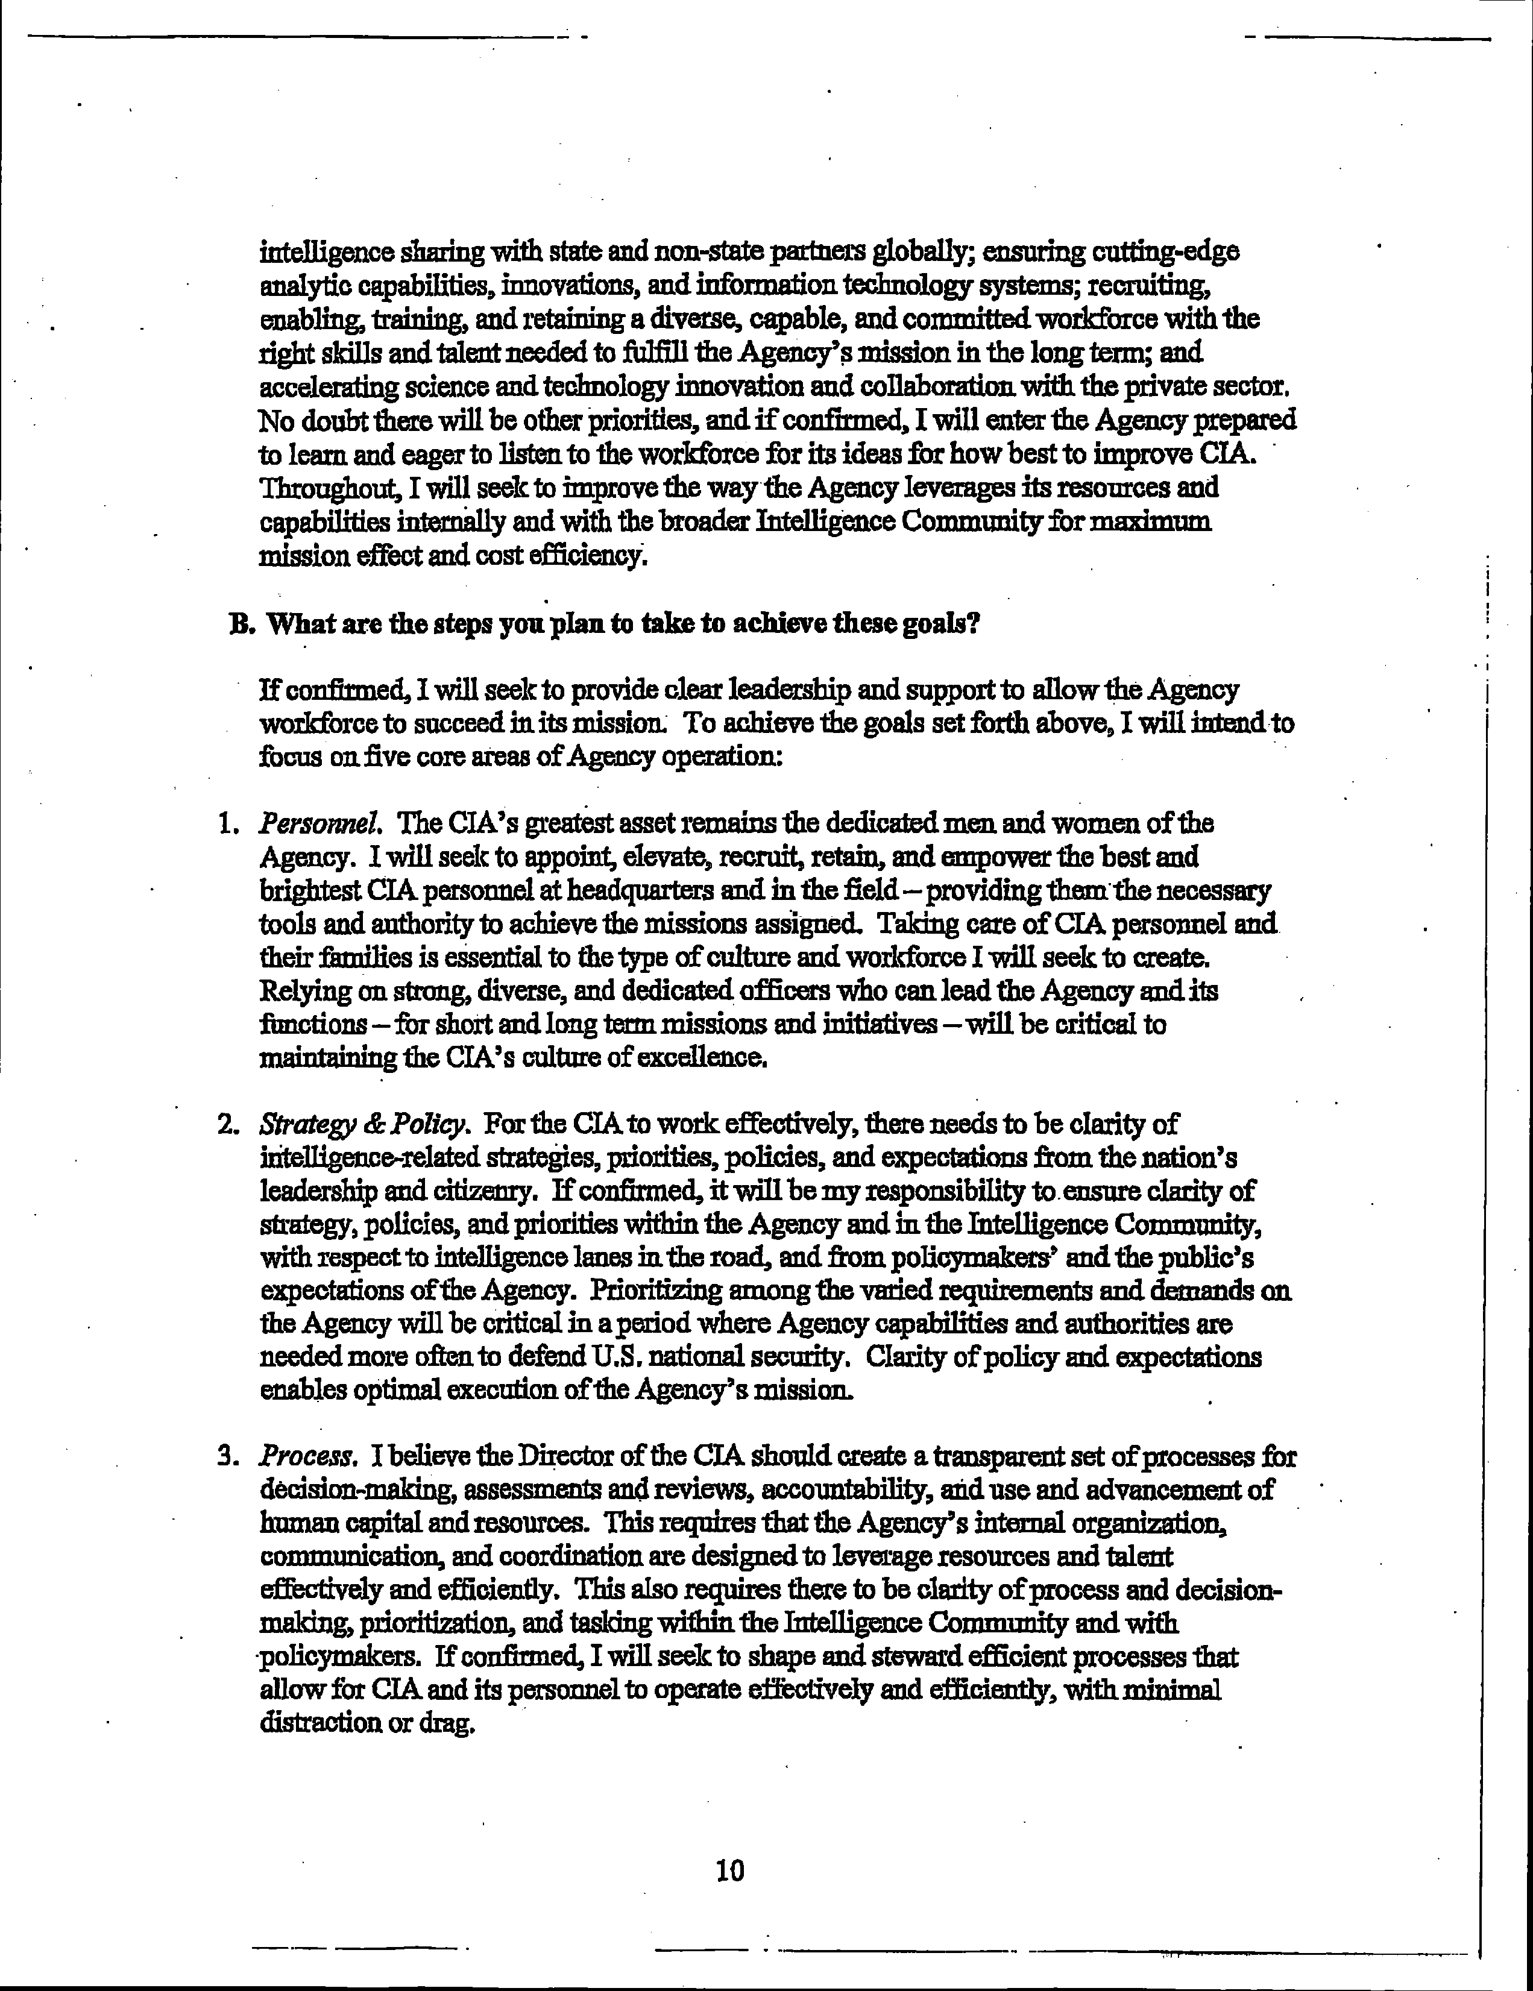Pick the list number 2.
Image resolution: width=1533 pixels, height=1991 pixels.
click(x=228, y=1125)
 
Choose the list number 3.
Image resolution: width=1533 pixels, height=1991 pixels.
click(x=228, y=1457)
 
